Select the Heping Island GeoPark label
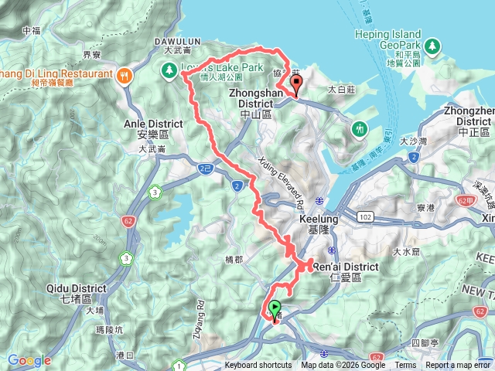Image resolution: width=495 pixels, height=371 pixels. pyautogui.click(x=388, y=39)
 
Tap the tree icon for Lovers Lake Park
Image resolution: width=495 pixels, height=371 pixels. pyautogui.click(x=168, y=70)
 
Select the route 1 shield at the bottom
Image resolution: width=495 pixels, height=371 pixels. pyautogui.click(x=179, y=365)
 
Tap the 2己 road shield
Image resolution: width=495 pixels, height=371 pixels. pyautogui.click(x=205, y=167)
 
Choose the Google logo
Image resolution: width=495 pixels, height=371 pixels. pyautogui.click(x=29, y=360)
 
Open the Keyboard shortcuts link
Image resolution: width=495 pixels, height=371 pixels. pyautogui.click(x=258, y=366)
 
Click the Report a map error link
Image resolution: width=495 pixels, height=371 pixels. pyautogui.click(x=457, y=366)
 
